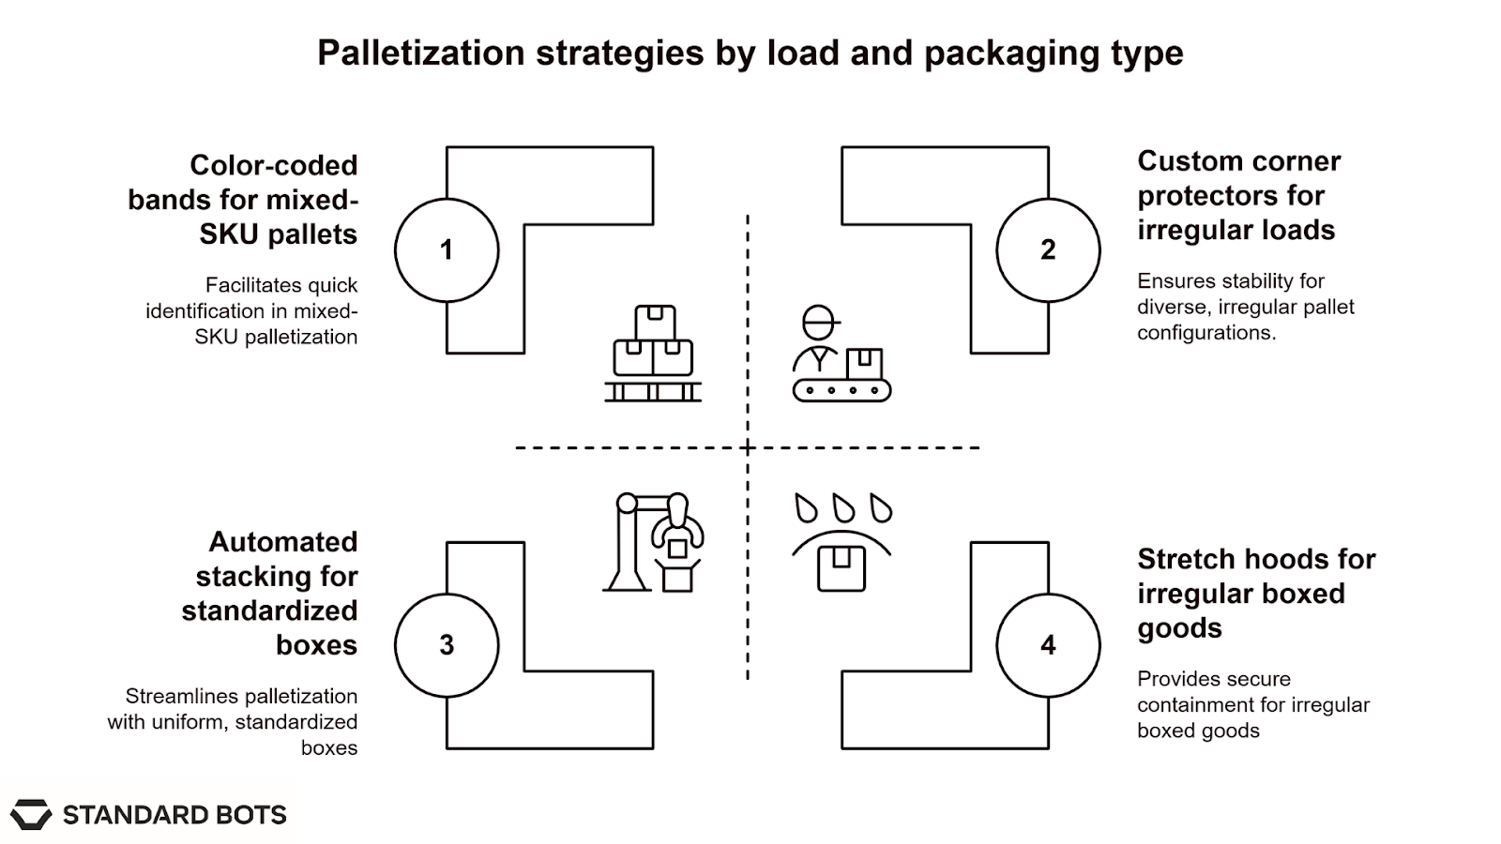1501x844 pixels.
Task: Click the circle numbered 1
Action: pos(447,249)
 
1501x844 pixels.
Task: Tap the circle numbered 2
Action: pos(1048,249)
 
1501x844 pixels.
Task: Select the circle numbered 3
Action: pos(447,645)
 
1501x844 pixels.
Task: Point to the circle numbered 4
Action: pos(1048,645)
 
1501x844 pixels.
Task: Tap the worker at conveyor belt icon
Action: pos(841,354)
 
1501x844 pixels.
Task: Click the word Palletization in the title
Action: pos(419,53)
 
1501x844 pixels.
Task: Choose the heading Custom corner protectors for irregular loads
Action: pos(1238,195)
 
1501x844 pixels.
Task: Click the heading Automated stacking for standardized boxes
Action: pos(272,593)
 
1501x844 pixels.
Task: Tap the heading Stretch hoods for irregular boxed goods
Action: pos(1255,593)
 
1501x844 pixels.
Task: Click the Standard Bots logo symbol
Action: pos(31,814)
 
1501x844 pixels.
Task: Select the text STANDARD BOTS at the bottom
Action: pos(174,815)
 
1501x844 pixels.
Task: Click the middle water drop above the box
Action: pos(843,508)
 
